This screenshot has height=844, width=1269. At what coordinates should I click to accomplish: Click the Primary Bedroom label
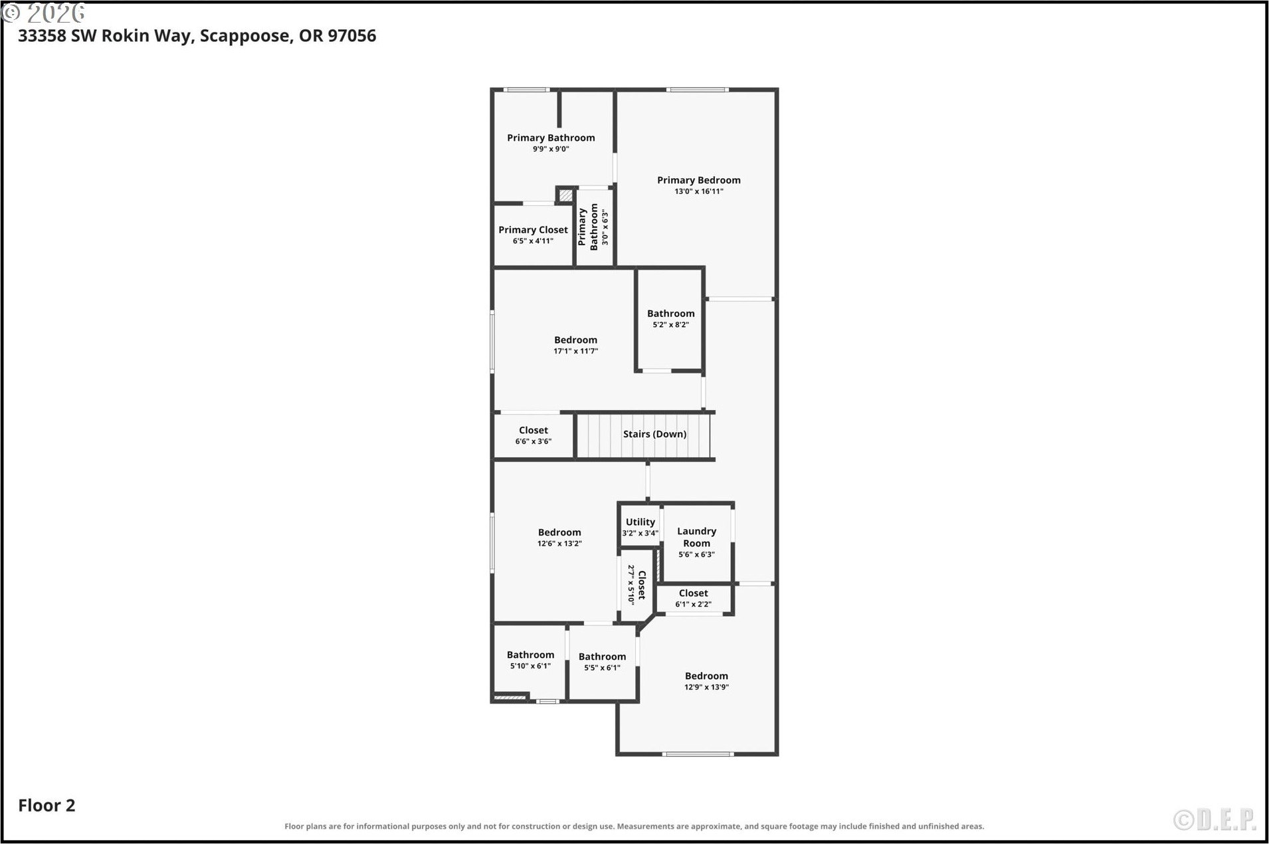pyautogui.click(x=698, y=180)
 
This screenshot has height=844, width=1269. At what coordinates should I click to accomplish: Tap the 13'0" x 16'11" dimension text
pyautogui.click(x=698, y=191)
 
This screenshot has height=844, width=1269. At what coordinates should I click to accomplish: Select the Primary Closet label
pyautogui.click(x=533, y=230)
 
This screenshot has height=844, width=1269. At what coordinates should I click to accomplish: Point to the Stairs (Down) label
pyautogui.click(x=654, y=434)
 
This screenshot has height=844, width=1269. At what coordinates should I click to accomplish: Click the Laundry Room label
pyautogui.click(x=696, y=537)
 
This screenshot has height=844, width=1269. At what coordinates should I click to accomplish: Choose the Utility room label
pyautogui.click(x=640, y=522)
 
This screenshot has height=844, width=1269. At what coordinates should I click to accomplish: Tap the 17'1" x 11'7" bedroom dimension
pyautogui.click(x=575, y=352)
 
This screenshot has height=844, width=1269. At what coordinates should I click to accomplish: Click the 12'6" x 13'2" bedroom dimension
pyautogui.click(x=559, y=544)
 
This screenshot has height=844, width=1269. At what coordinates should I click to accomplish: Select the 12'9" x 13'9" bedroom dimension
pyautogui.click(x=706, y=687)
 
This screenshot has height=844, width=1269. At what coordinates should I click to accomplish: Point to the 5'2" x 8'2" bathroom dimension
pyautogui.click(x=670, y=325)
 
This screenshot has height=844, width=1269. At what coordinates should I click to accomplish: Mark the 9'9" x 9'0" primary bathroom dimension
pyautogui.click(x=551, y=150)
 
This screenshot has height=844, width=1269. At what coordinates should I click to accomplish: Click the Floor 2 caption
pyautogui.click(x=47, y=805)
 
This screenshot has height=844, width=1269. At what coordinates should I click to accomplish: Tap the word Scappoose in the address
pyautogui.click(x=245, y=36)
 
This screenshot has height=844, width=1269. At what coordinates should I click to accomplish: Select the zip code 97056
pyautogui.click(x=352, y=35)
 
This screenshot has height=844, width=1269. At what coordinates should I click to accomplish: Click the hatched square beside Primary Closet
pyautogui.click(x=565, y=195)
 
